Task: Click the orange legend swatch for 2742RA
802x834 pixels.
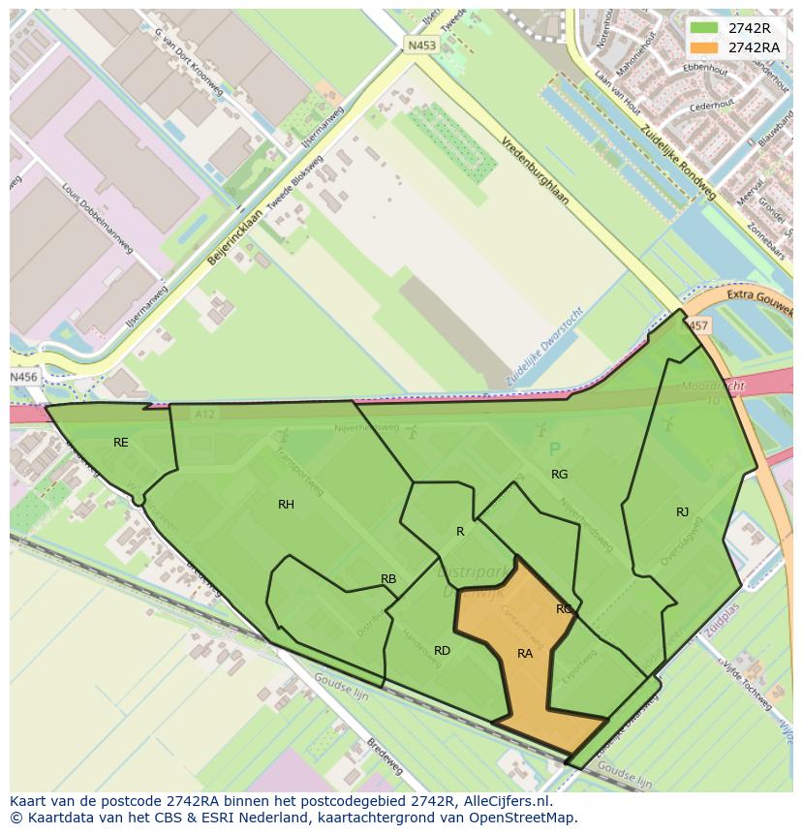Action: tap(704, 47)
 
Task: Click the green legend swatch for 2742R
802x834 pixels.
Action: tap(704, 28)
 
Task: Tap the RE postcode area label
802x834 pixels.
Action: tap(120, 443)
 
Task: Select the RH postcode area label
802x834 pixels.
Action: tap(286, 505)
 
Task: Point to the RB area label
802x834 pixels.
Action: tap(388, 579)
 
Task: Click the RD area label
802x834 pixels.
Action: tap(442, 651)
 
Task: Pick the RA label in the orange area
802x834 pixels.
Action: tap(525, 654)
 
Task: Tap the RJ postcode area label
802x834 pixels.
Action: tap(683, 512)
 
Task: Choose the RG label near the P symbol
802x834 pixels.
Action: tap(559, 475)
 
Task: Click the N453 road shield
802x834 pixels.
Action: tap(421, 45)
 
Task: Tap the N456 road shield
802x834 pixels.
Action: tap(23, 377)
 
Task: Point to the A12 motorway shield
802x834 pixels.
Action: tap(203, 415)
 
